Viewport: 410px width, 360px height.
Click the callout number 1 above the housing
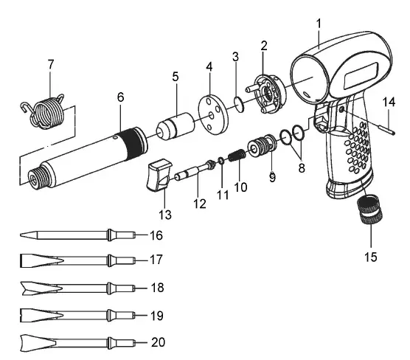(319, 22)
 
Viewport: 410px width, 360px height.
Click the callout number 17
(156, 260)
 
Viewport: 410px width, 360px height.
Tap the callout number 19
(156, 316)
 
